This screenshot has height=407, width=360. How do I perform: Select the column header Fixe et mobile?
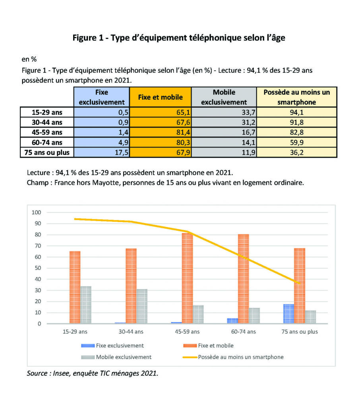coord(160,97)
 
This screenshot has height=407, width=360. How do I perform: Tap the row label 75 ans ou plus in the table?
coord(47,152)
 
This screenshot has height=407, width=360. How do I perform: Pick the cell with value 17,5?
coord(102,152)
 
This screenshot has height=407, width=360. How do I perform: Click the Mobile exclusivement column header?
coord(224,97)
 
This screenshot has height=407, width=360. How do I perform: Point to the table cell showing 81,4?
coord(160,132)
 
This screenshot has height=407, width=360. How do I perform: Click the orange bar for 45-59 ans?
coord(187,278)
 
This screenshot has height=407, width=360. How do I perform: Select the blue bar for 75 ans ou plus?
coord(289,314)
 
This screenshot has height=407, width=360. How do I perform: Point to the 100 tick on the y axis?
coord(37,213)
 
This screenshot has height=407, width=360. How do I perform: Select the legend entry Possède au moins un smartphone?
coord(240,357)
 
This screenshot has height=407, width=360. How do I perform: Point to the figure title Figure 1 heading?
coord(179,38)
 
